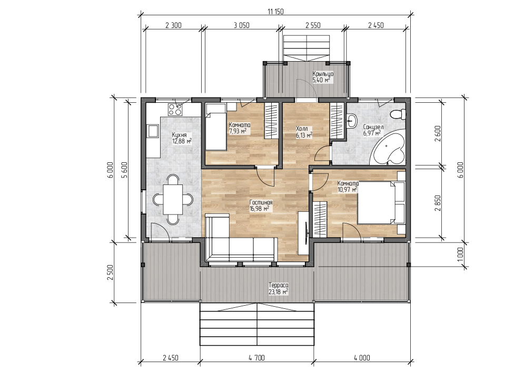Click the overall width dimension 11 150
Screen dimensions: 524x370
click(x=275, y=12)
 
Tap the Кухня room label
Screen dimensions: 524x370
click(x=179, y=135)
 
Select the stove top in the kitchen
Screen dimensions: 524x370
click(x=175, y=110)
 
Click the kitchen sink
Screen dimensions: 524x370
click(x=153, y=131)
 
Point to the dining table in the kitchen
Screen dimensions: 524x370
click(x=173, y=199)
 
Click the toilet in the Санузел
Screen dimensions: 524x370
click(x=398, y=114)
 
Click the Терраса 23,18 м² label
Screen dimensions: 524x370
click(x=279, y=289)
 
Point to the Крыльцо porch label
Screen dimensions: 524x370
click(x=323, y=74)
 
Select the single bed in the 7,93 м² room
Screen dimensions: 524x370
click(x=215, y=127)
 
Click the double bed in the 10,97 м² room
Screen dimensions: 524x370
click(x=381, y=203)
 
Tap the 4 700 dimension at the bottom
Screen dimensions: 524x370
click(x=256, y=358)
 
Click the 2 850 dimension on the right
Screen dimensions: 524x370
click(x=438, y=203)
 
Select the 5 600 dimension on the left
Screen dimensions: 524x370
click(x=124, y=170)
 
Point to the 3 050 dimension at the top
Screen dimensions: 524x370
click(x=241, y=25)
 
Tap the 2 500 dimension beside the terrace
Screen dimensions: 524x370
click(x=111, y=272)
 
